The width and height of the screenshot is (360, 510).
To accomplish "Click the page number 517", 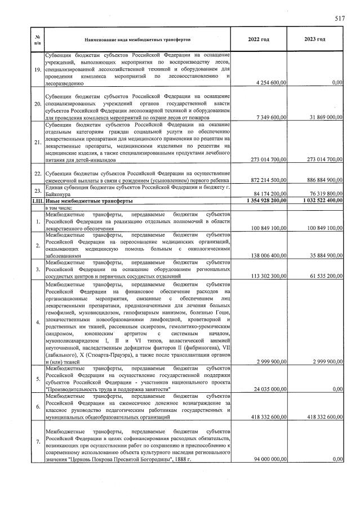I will pos(339,19).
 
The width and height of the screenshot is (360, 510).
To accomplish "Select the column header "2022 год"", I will pos(259,39).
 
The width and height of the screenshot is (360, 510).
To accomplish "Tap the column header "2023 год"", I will pos(315,39).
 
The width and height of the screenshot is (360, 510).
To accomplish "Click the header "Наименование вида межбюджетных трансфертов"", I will pos(138,40).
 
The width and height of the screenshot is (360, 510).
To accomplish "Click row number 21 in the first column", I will pos(37,143).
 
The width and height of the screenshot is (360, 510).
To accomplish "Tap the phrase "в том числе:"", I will pos(62,207).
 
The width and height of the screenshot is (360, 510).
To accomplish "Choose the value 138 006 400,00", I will pos(263,255).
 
